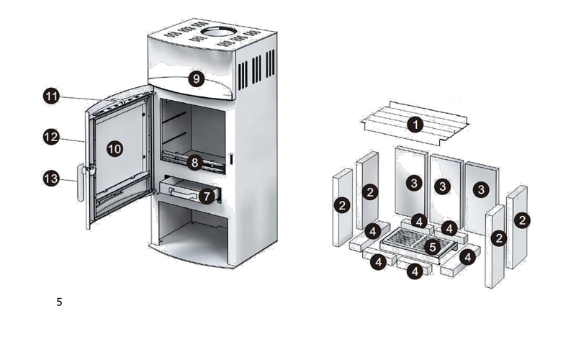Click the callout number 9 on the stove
click(x=196, y=78)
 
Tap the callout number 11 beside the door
click(x=51, y=96)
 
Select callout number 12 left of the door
click(x=51, y=137)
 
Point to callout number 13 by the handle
click(x=51, y=179)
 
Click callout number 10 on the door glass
click(x=114, y=149)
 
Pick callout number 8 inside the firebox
click(x=194, y=163)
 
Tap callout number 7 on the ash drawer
click(x=207, y=196)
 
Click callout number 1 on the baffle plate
click(x=415, y=125)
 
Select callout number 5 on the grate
click(x=433, y=247)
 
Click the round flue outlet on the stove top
click(x=219, y=31)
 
